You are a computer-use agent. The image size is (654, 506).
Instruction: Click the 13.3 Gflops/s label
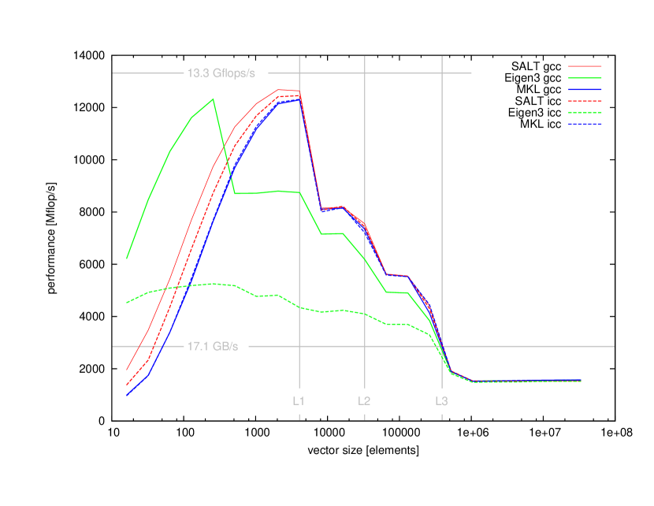[x=221, y=73]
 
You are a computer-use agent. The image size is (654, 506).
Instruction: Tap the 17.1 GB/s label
[x=212, y=346]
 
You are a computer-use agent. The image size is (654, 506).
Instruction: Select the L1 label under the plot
[x=299, y=400]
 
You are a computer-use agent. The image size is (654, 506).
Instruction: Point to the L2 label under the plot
[x=364, y=400]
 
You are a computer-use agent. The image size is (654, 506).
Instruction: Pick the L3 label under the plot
[x=442, y=400]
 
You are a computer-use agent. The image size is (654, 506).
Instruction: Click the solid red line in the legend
[x=585, y=66]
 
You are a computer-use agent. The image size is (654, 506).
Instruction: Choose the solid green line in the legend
[x=585, y=78]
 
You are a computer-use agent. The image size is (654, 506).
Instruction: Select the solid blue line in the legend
[x=585, y=90]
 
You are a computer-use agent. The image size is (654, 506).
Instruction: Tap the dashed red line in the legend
[x=585, y=101]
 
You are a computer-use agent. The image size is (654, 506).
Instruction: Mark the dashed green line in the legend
[x=585, y=113]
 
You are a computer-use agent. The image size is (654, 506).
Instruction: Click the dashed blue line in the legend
[x=585, y=124]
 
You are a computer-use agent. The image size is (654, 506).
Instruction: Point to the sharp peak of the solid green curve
[x=213, y=99]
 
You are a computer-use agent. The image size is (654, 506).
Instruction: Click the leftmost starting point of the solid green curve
[x=127, y=258]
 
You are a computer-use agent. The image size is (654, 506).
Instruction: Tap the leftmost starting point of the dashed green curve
[x=127, y=303]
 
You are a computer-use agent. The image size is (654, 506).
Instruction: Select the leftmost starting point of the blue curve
[x=127, y=395]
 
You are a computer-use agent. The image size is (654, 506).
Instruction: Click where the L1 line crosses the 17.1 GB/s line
[x=299, y=346]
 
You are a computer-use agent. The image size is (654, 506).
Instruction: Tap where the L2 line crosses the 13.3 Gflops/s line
[x=365, y=73]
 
